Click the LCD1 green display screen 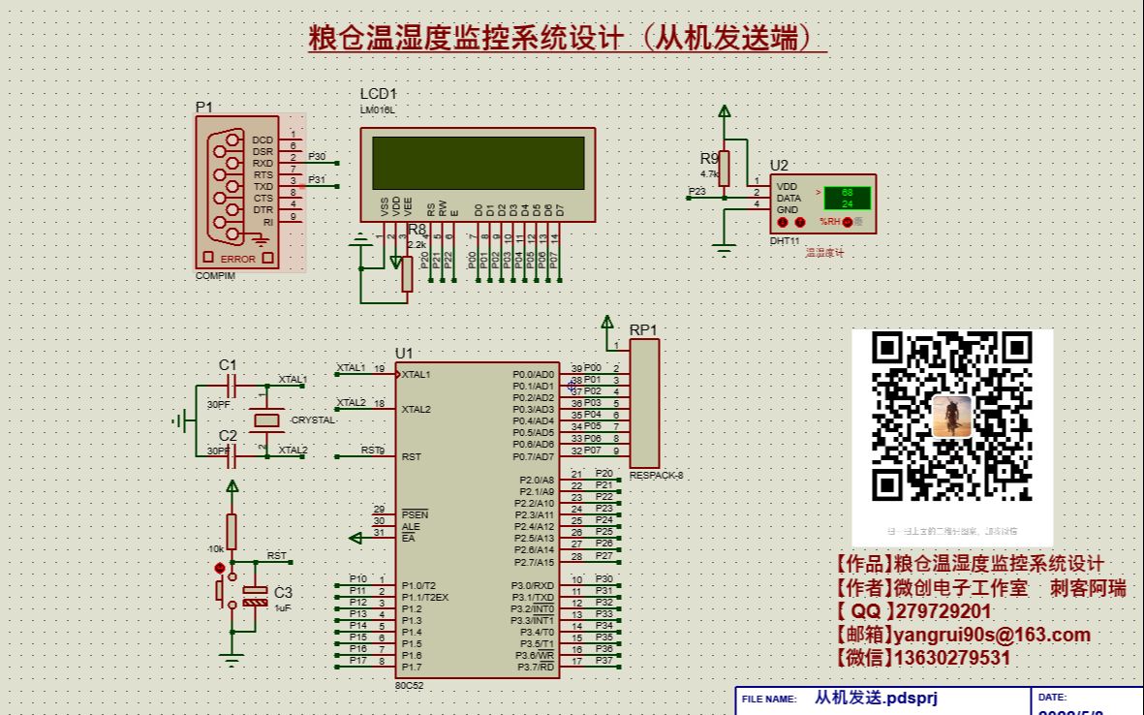pos(479,163)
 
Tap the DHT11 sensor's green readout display pos(846,198)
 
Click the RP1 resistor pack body pos(645,403)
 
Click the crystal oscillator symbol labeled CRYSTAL pos(263,420)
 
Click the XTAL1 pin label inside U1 pos(417,375)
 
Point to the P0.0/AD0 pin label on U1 pos(533,374)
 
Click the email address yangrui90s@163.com pos(992,636)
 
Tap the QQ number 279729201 pos(943,612)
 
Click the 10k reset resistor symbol pos(232,532)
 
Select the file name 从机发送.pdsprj pos(876,698)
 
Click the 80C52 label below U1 pos(409,685)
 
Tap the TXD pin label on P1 pos(263,187)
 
